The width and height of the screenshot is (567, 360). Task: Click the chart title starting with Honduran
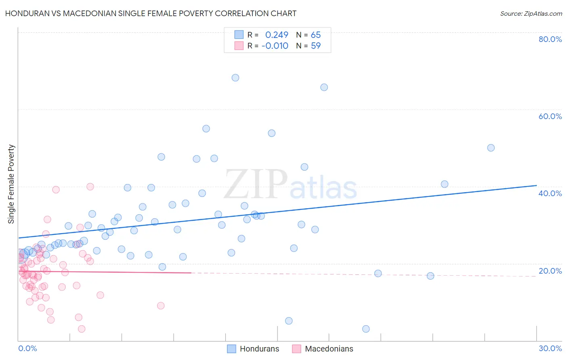[x=151, y=14]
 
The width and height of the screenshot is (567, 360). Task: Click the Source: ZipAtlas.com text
[x=531, y=14]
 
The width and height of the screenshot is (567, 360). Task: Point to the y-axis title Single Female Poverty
[x=11, y=184]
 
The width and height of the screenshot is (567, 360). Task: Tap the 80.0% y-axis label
[x=550, y=39]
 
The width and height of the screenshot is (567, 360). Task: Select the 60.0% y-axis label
[x=550, y=116]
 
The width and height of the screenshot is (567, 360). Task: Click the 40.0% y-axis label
[x=550, y=193]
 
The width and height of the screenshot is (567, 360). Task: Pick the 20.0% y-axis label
[x=550, y=271]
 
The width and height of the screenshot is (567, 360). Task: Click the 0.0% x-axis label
[x=27, y=348]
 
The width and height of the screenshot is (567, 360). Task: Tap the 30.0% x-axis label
[x=550, y=348]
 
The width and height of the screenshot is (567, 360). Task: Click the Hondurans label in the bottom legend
[x=259, y=349]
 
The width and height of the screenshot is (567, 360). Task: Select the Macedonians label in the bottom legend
[x=329, y=349]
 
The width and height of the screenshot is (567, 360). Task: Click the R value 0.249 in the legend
[x=277, y=35]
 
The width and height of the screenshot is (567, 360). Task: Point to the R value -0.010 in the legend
[x=275, y=46]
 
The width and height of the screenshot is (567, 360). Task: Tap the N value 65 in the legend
[x=316, y=35]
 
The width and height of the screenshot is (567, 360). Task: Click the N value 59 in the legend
[x=316, y=46]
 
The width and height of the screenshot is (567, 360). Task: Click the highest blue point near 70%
[x=236, y=77]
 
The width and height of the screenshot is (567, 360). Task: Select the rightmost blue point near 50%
[x=491, y=148]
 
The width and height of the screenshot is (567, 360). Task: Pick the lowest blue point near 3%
[x=366, y=329]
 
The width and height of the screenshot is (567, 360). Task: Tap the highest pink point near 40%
[x=90, y=186]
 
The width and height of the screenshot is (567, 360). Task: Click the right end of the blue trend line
[x=536, y=186]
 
